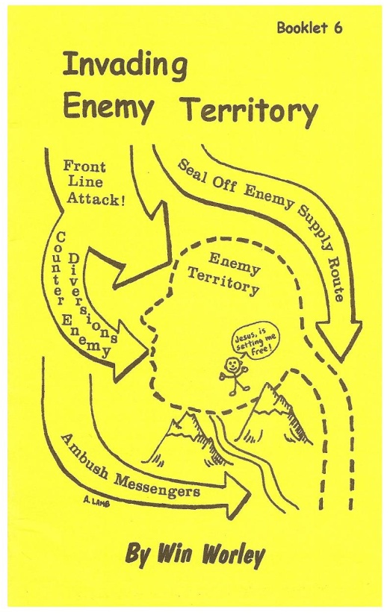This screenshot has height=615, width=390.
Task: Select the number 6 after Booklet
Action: point(338,28)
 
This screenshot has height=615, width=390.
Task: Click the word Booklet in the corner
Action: point(303,28)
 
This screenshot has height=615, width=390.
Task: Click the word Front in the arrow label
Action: point(84,166)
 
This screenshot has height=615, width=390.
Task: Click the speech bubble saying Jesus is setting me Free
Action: point(257,343)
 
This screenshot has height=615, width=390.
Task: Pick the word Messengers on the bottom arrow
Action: point(157,487)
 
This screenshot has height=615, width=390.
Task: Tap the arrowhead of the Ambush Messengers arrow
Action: point(238,493)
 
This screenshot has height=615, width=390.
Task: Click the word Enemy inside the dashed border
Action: point(234,264)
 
